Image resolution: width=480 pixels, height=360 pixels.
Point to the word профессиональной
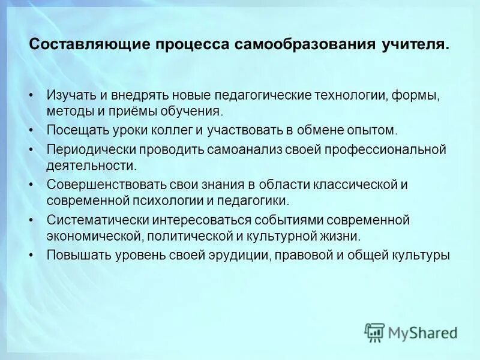[x=385, y=148]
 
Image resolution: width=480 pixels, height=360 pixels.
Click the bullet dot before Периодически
[x=32, y=149]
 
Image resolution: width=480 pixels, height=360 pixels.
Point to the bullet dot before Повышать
[x=32, y=255]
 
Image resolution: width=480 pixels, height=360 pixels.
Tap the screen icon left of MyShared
[x=374, y=332]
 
